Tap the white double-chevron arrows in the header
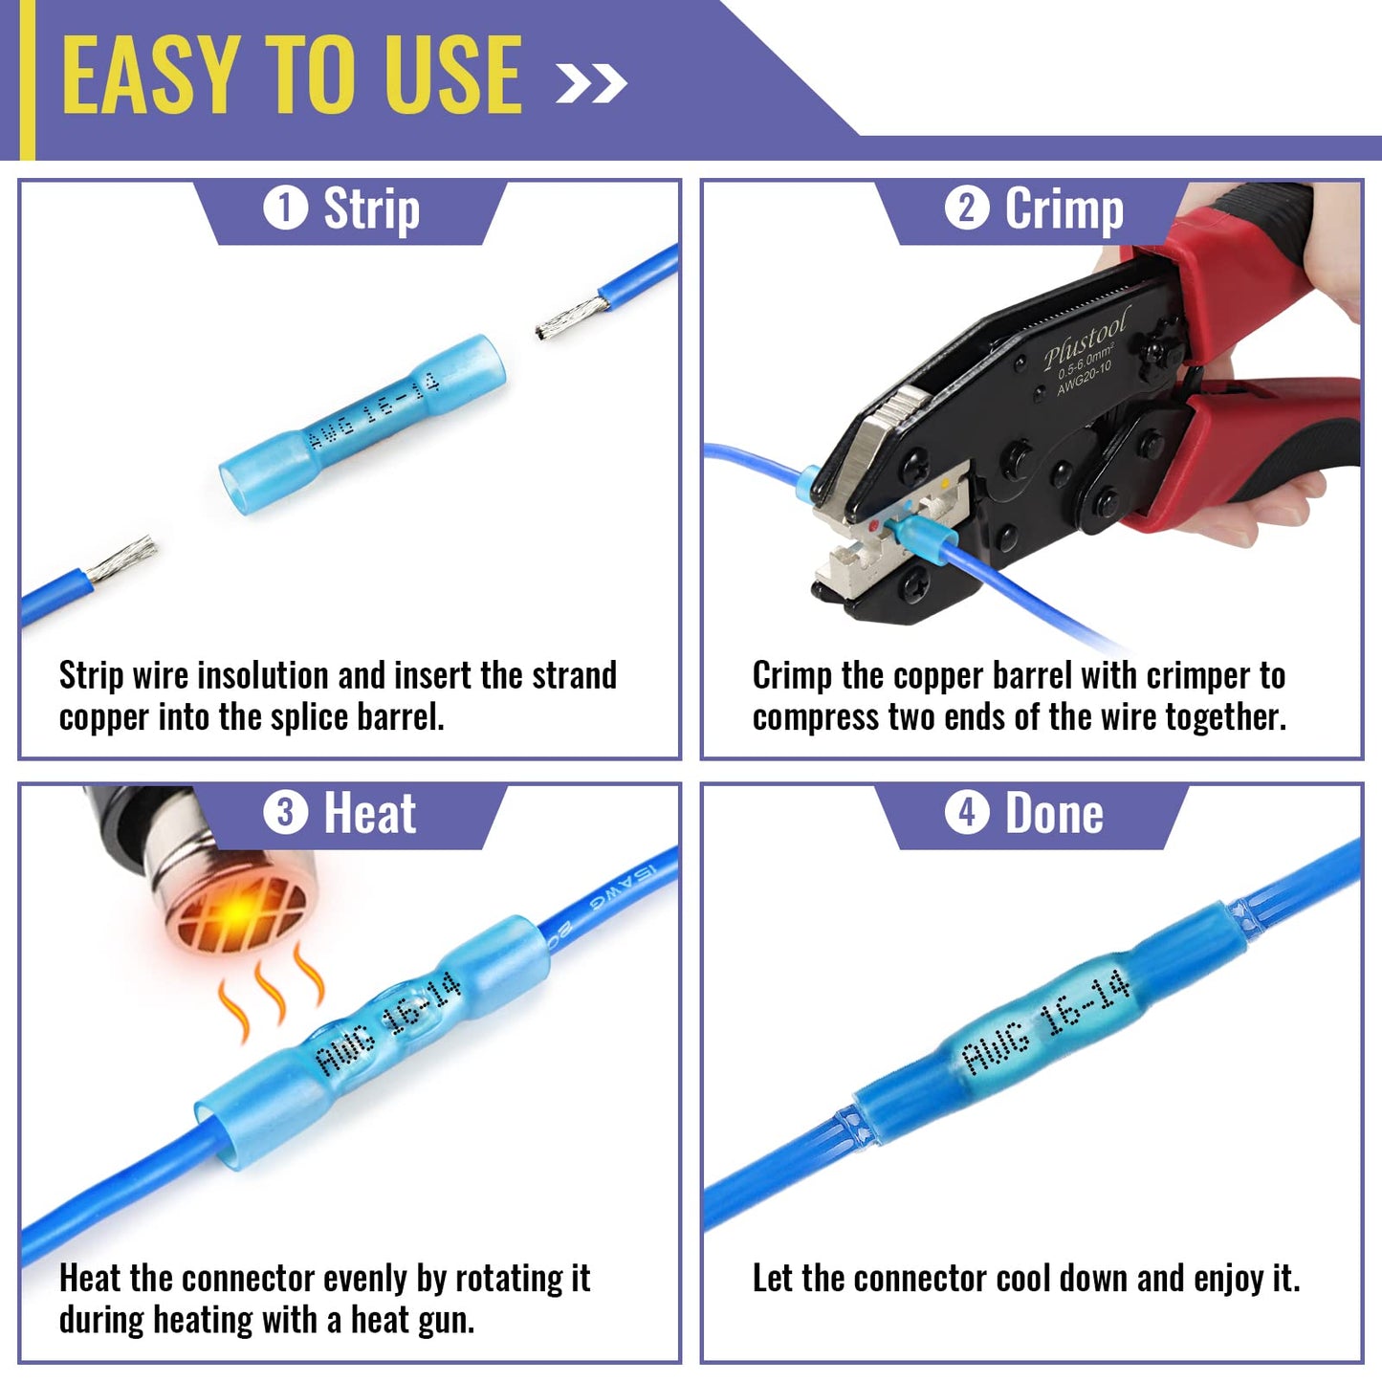(592, 83)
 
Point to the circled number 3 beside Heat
(285, 813)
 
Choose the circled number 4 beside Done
(967, 813)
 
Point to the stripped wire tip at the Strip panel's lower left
(121, 558)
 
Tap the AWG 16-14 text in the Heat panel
(388, 1023)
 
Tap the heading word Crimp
(1064, 208)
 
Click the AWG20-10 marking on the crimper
(1085, 378)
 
